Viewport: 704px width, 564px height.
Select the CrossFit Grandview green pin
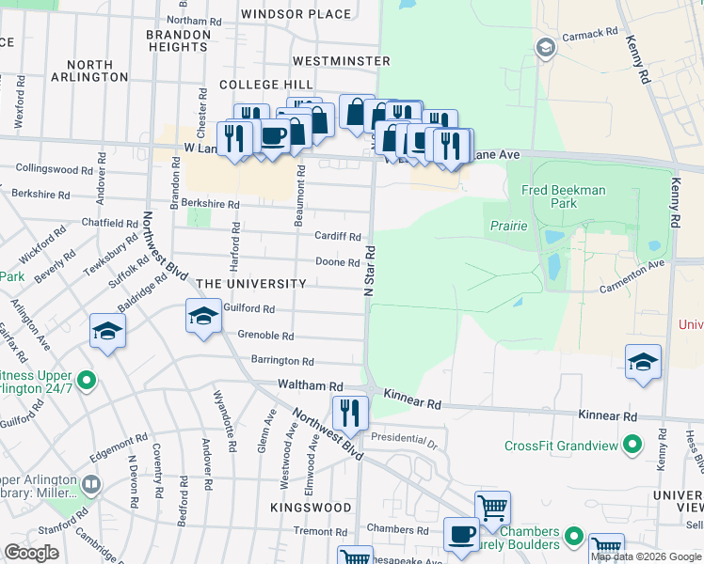[x=633, y=443]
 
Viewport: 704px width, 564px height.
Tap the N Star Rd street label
[x=370, y=268]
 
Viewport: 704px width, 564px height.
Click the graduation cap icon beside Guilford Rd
[x=202, y=316]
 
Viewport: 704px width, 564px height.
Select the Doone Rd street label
[x=337, y=262]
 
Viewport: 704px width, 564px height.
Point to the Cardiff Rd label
[x=337, y=236]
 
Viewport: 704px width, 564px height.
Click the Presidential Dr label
[x=404, y=438]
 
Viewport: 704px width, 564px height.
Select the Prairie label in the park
[x=508, y=227]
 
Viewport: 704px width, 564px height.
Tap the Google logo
[x=32, y=552]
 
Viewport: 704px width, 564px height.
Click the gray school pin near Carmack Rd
[x=545, y=47]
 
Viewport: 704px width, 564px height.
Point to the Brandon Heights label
[x=178, y=40]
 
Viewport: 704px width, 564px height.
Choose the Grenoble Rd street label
[x=265, y=336]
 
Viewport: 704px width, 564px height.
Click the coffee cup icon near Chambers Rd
[x=460, y=534]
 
